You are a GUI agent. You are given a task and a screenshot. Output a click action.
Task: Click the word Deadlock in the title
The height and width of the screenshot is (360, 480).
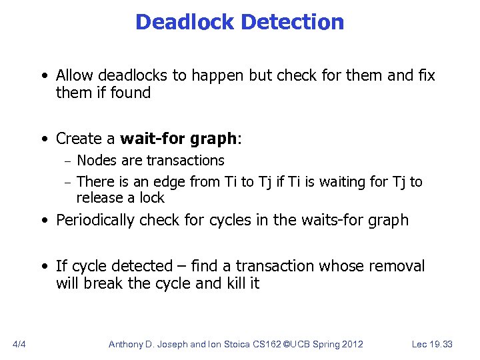tap(185, 23)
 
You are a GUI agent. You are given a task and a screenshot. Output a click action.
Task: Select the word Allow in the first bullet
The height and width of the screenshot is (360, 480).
tap(75, 75)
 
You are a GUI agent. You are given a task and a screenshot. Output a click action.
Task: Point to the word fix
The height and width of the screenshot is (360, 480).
tap(426, 75)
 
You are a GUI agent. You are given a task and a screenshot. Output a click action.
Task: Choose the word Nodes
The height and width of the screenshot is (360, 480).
tap(97, 161)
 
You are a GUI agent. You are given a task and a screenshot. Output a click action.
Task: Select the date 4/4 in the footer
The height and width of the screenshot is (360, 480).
tap(19, 344)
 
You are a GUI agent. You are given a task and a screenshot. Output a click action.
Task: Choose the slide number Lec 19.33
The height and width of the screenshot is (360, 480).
tap(432, 344)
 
